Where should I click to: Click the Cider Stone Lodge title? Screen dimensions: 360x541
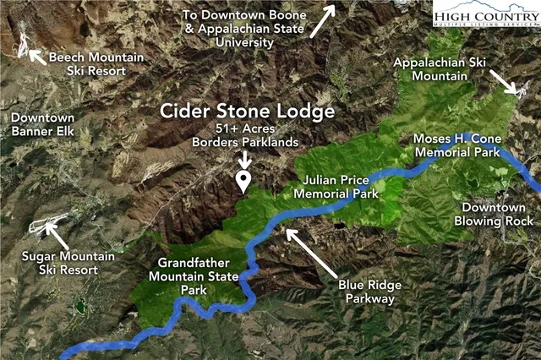point(248,112)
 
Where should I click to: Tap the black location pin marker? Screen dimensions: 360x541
point(244,181)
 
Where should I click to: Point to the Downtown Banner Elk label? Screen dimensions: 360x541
point(42,125)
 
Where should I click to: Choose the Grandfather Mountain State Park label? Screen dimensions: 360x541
point(187,275)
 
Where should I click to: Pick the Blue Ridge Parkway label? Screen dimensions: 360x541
point(369,292)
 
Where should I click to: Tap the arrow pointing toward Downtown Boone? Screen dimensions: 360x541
point(323,20)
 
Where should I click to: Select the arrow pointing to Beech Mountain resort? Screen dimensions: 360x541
point(36,57)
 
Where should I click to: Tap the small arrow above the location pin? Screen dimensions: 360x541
point(244,158)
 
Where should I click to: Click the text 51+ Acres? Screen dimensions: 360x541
point(244,128)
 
